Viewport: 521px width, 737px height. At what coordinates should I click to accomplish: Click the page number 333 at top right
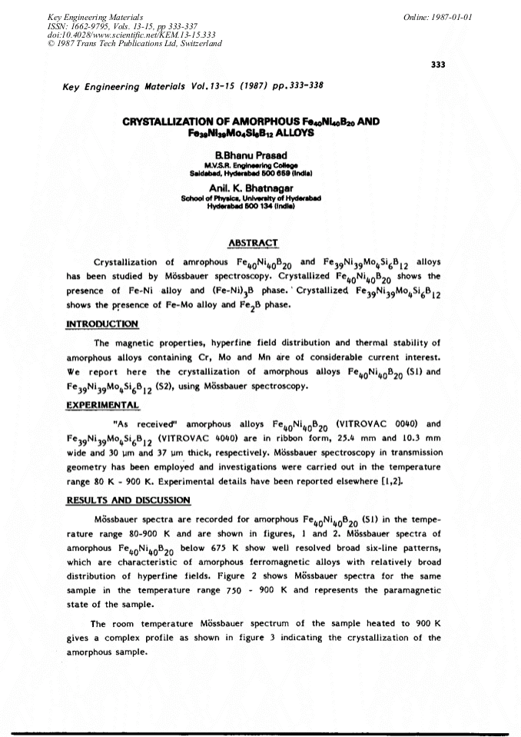pyautogui.click(x=439, y=64)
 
